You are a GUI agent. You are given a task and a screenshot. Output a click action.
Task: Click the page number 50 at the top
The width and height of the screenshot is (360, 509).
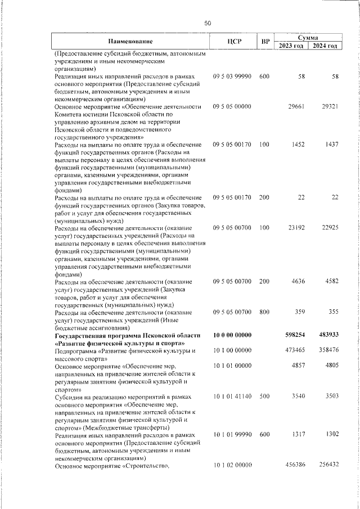click(208, 23)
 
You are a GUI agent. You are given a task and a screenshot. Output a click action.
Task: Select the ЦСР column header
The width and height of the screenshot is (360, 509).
click(235, 42)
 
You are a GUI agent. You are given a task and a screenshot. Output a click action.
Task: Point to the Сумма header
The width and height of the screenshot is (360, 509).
click(308, 37)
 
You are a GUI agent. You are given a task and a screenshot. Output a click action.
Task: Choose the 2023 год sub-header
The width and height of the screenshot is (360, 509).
click(291, 46)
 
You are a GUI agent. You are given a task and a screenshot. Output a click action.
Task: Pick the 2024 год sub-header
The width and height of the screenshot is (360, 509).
click(325, 46)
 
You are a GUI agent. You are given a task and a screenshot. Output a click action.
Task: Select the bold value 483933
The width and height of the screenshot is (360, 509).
click(328, 335)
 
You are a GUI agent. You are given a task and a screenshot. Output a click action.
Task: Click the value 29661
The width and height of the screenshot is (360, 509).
click(296, 106)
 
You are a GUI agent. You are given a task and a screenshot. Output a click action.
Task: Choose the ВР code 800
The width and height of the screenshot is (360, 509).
click(264, 312)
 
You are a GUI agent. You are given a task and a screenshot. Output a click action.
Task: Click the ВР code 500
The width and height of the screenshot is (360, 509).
click(264, 397)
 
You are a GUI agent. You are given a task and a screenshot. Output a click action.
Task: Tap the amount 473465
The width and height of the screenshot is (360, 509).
click(295, 350)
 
